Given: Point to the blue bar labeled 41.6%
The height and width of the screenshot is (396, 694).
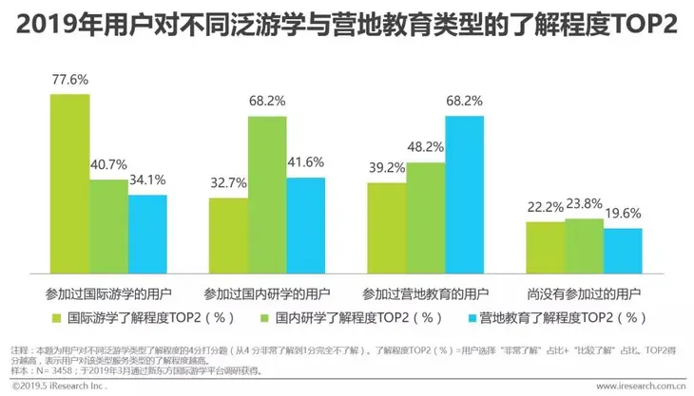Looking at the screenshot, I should (x=305, y=221).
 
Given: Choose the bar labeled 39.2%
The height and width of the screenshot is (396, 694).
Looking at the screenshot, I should (x=386, y=224).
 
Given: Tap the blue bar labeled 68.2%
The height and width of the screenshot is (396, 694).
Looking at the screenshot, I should (x=464, y=191).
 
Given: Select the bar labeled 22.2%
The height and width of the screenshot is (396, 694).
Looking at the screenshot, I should (x=545, y=244).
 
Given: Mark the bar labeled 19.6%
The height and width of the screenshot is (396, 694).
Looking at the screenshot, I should (x=623, y=247).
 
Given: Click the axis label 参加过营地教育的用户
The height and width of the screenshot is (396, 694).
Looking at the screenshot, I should (x=425, y=292).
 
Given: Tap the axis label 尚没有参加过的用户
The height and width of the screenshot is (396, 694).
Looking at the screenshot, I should (x=584, y=292).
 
